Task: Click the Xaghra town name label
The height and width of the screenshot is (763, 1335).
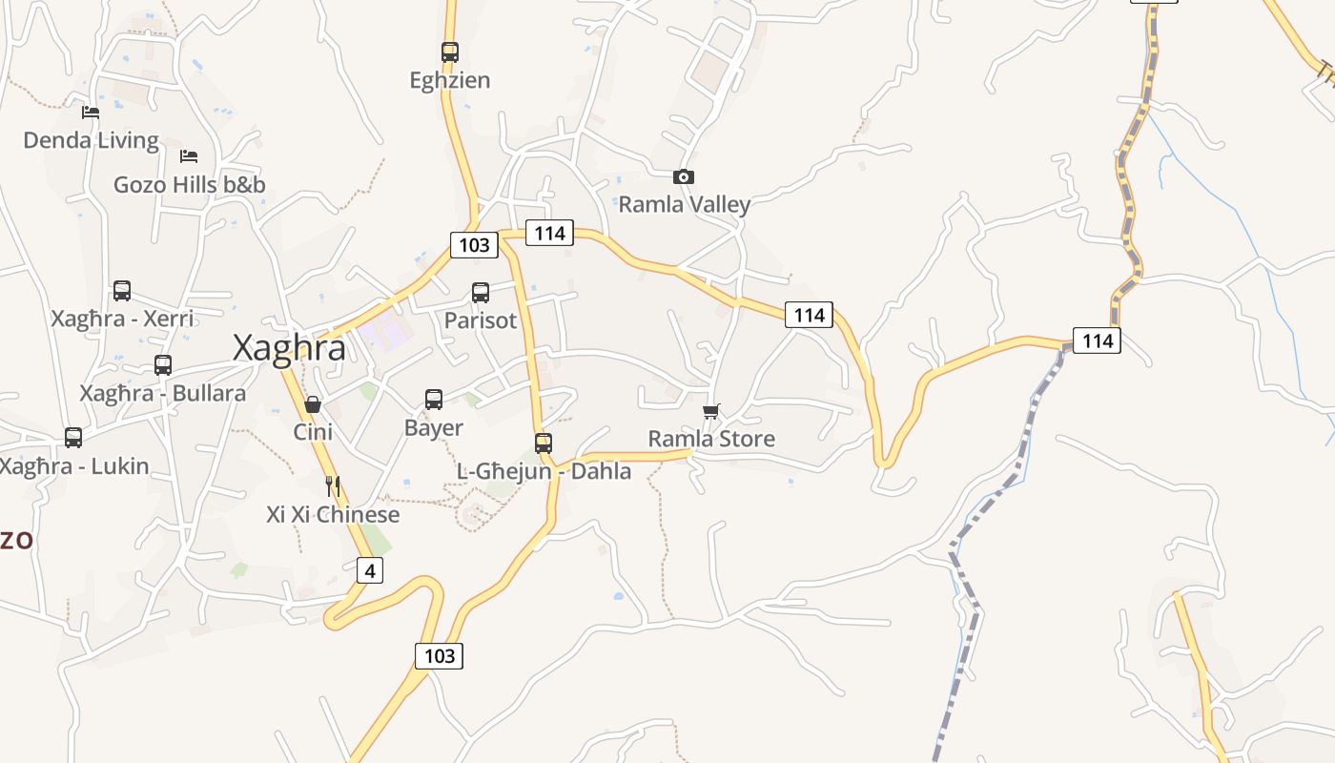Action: pos(289,348)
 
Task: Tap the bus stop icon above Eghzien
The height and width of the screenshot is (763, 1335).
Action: pos(450,52)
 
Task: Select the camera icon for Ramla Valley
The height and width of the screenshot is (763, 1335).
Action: pos(684,176)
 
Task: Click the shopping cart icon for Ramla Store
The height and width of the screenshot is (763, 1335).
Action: pos(711,411)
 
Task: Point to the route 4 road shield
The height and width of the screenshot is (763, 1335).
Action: pos(370,570)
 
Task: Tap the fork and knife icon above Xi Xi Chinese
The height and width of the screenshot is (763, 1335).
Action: pos(333,486)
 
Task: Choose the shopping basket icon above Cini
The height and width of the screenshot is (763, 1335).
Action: pos(313,404)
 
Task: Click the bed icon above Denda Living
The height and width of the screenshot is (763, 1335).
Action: pos(91,113)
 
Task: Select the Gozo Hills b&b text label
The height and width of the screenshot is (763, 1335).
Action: pos(190,184)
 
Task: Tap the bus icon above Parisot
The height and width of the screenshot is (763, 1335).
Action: pos(481,293)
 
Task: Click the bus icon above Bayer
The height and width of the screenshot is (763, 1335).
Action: pos(434,400)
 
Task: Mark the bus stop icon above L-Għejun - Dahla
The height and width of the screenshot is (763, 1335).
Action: pos(544,443)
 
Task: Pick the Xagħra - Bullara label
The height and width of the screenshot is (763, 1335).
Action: pos(162,393)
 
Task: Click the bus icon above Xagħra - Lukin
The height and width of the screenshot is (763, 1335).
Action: pos(73,438)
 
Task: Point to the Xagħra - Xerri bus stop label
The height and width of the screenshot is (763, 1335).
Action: pos(122,318)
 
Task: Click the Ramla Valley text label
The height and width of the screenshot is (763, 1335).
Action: pos(685,204)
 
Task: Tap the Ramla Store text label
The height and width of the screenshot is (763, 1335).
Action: pos(711,439)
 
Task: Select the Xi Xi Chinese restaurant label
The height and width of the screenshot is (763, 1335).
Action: pos(333,515)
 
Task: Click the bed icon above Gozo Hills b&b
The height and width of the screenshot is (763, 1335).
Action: pos(189,156)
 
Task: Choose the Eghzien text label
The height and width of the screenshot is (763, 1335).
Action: pos(450,80)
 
